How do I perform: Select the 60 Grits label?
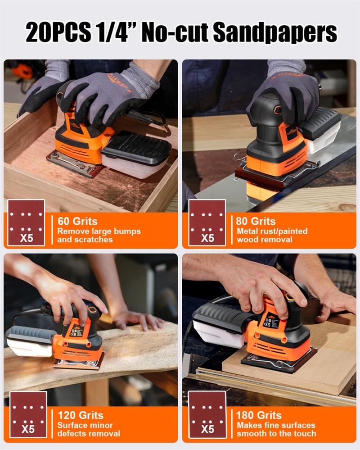(x=77, y=221)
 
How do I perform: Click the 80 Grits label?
(x=256, y=221)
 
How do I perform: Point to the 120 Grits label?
(x=81, y=415)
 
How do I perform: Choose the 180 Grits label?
(x=259, y=415)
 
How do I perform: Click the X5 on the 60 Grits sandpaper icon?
(x=27, y=238)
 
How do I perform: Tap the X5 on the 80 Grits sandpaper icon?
(x=207, y=238)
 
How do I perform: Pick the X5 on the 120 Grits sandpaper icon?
(x=28, y=429)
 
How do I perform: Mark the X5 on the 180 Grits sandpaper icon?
(x=207, y=429)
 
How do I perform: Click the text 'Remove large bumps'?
(x=99, y=232)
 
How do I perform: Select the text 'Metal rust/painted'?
(x=272, y=232)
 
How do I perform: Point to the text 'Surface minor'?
(x=85, y=425)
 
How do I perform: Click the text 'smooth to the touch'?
(x=276, y=433)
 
